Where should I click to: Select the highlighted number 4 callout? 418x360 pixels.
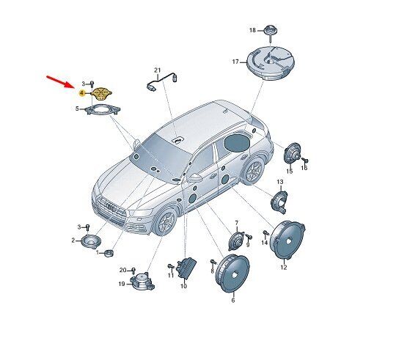point(81,93)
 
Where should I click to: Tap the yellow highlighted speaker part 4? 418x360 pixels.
point(101,93)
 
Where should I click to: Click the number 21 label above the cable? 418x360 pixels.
point(158,70)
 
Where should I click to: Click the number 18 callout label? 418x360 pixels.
point(252,30)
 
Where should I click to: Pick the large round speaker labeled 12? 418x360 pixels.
point(287,240)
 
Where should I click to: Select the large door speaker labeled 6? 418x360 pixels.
point(232,273)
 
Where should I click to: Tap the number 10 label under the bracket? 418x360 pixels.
point(183,287)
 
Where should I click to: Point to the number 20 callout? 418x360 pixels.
point(122,271)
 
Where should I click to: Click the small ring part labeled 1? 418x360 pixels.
point(109,253)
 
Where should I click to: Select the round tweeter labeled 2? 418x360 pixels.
point(91,241)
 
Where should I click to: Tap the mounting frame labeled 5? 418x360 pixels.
point(101,110)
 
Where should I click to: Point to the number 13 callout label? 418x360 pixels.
point(280,182)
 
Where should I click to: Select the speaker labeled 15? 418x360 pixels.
point(292,155)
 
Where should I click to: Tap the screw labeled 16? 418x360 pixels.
point(305,160)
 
